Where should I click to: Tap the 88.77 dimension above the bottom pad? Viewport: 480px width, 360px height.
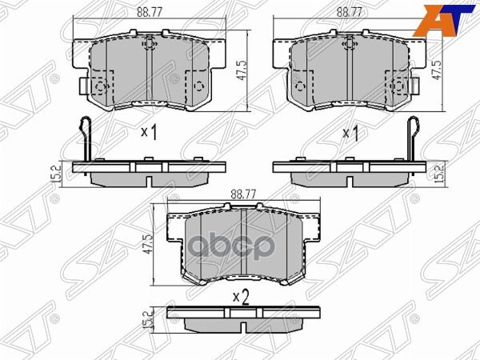(242, 193)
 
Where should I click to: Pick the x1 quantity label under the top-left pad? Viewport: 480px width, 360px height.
(149, 133)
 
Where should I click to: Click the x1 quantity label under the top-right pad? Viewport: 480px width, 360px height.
(350, 133)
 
